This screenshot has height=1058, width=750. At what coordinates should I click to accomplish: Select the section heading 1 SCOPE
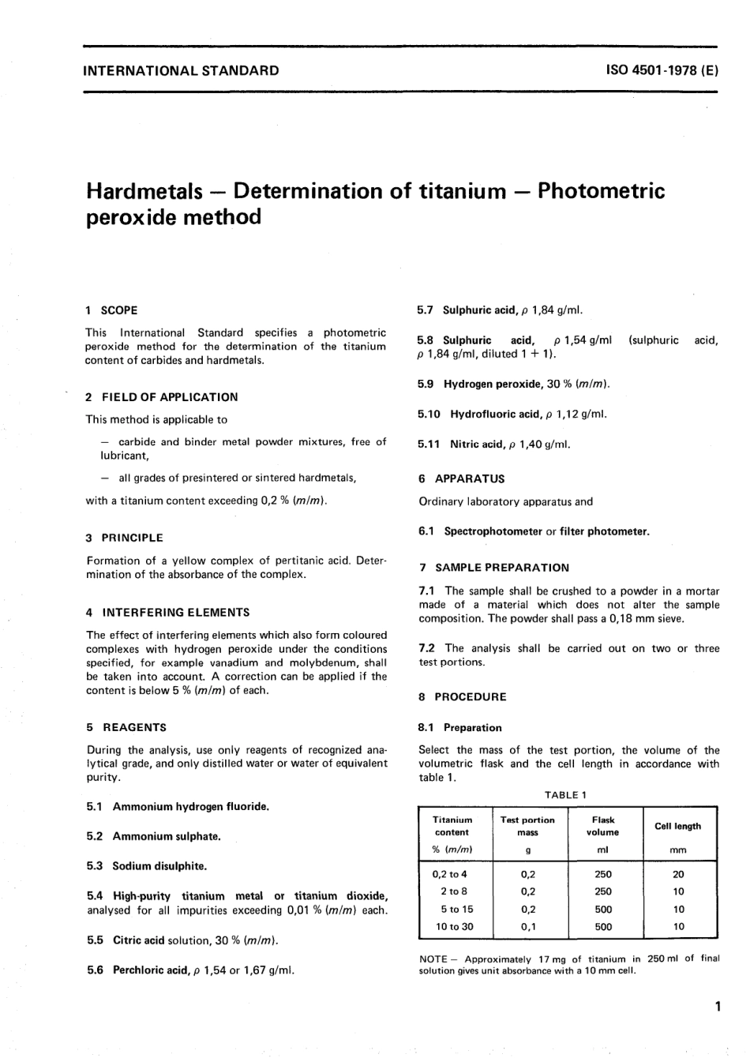[111, 310]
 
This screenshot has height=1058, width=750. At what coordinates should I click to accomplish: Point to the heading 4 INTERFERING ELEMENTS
[167, 612]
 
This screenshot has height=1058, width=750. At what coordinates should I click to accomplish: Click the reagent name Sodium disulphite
[159, 866]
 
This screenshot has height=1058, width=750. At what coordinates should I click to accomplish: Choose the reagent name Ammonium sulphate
[167, 836]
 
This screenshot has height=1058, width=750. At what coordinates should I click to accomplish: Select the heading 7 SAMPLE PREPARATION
[493, 568]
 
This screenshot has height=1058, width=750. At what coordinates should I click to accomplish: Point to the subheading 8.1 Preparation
[460, 728]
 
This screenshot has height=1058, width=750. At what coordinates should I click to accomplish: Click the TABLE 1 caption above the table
[565, 795]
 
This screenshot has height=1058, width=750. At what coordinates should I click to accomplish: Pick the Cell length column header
[677, 826]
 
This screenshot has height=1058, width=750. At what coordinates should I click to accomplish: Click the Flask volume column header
[602, 826]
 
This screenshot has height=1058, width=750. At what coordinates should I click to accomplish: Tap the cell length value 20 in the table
[678, 875]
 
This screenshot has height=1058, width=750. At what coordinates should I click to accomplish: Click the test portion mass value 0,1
[527, 927]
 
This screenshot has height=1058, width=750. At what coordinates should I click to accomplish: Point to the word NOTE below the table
[433, 959]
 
